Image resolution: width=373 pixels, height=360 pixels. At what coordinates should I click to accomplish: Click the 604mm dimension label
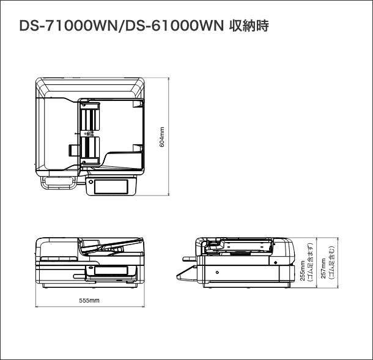pos(162,136)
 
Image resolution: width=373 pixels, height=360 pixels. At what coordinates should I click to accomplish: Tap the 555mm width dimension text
pos(89,300)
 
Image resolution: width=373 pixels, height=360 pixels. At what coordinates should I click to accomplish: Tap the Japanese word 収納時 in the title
pos(250,27)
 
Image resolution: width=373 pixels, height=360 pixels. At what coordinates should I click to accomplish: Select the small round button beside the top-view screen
pos(89,182)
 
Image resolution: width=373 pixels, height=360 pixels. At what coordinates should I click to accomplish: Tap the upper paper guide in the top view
pos(89,117)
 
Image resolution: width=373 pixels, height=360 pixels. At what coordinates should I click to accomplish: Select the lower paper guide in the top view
pos(90,149)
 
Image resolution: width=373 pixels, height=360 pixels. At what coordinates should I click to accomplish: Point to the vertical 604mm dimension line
pos(169,136)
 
